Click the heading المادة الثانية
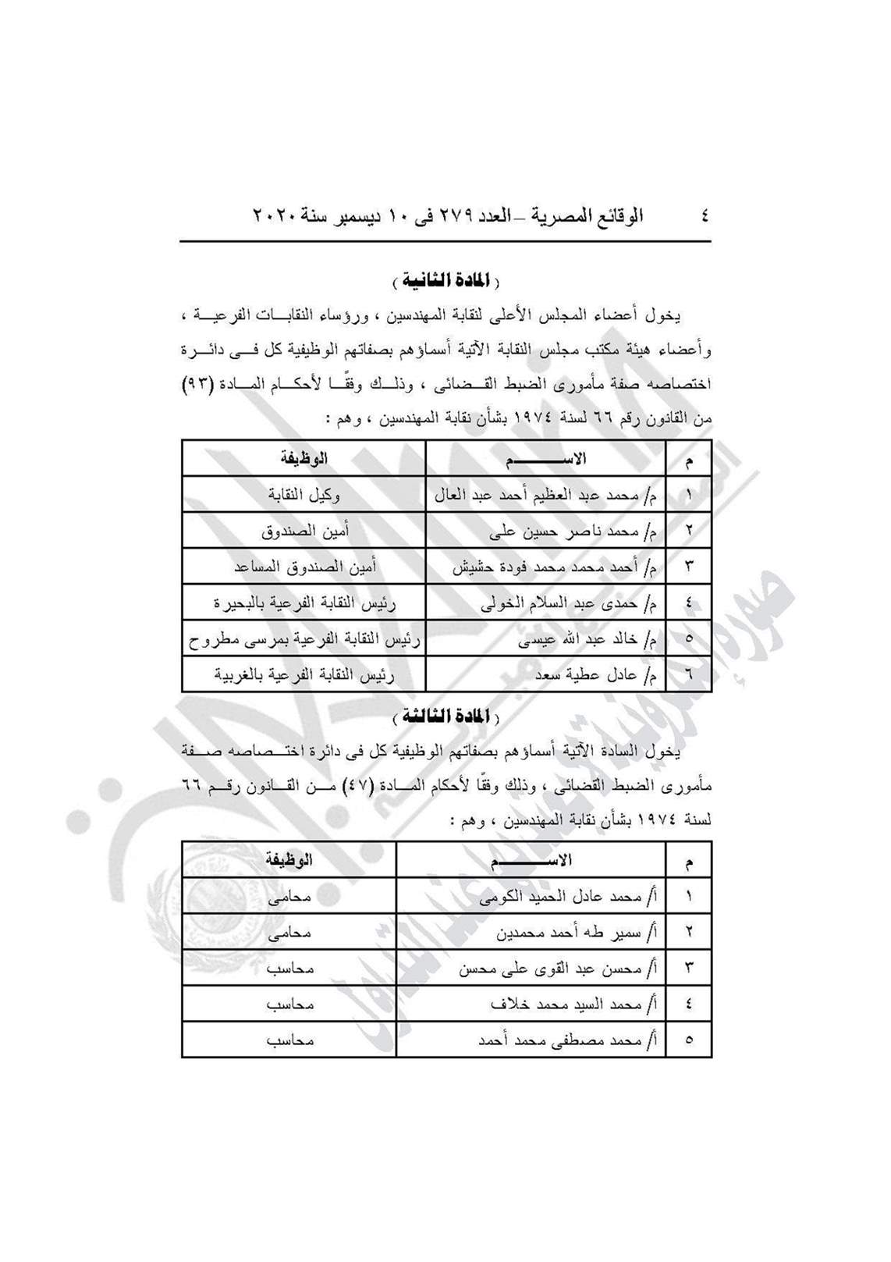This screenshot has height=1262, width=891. click(445, 280)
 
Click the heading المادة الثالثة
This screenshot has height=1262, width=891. click(445, 716)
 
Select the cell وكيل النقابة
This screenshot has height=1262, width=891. click(304, 494)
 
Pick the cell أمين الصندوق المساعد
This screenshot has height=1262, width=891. click(304, 567)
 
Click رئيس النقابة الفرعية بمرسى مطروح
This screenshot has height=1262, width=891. click(304, 639)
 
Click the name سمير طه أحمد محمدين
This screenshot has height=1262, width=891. click(575, 933)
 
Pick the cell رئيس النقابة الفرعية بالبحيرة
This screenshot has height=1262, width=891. click(304, 603)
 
